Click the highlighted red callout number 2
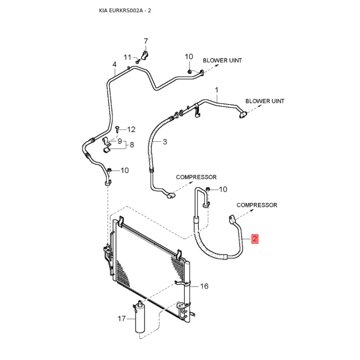click(255, 239)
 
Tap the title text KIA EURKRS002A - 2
click(125, 10)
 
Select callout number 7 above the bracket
click(145, 41)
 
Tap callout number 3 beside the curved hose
click(165, 142)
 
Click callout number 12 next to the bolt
click(131, 130)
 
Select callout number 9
click(120, 141)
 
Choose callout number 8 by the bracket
click(132, 145)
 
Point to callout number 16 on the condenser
click(204, 286)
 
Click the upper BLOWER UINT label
click(222, 60)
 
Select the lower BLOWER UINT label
click(265, 101)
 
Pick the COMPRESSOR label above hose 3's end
click(196, 177)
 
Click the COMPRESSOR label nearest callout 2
click(257, 205)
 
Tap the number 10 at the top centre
click(189, 57)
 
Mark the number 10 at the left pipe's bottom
click(125, 170)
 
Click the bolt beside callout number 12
click(117, 129)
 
